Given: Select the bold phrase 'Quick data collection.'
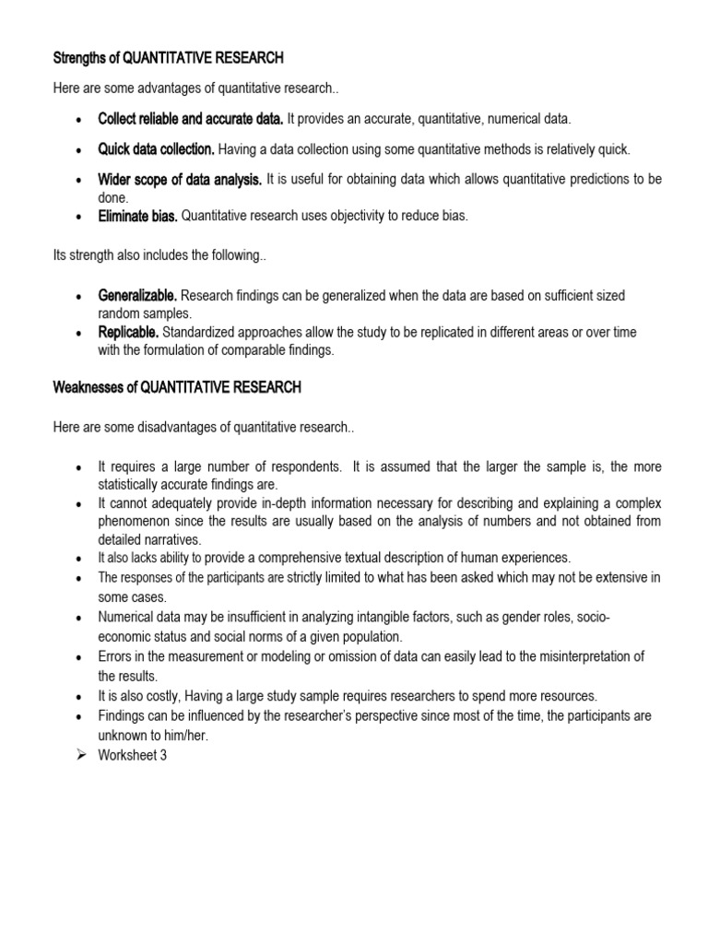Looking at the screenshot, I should pos(157,149).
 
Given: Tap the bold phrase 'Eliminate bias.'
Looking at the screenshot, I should pos(138,217).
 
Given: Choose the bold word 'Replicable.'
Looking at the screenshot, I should pos(129,332).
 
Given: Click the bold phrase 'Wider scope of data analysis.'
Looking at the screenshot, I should pos(181,179).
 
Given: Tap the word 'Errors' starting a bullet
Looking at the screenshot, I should pos(115,656).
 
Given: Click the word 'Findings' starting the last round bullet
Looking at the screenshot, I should pos(122,715).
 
